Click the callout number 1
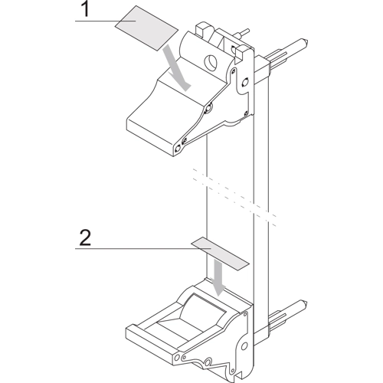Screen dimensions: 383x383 click(x=86, y=9)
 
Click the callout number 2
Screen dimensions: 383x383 click(x=85, y=237)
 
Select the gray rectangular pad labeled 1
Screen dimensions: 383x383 click(x=146, y=28)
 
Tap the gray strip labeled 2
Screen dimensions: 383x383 click(x=220, y=254)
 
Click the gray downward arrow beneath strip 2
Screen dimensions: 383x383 click(x=218, y=277)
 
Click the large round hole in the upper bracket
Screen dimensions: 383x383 click(x=211, y=62)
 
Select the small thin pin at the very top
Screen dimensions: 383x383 click(x=244, y=32)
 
